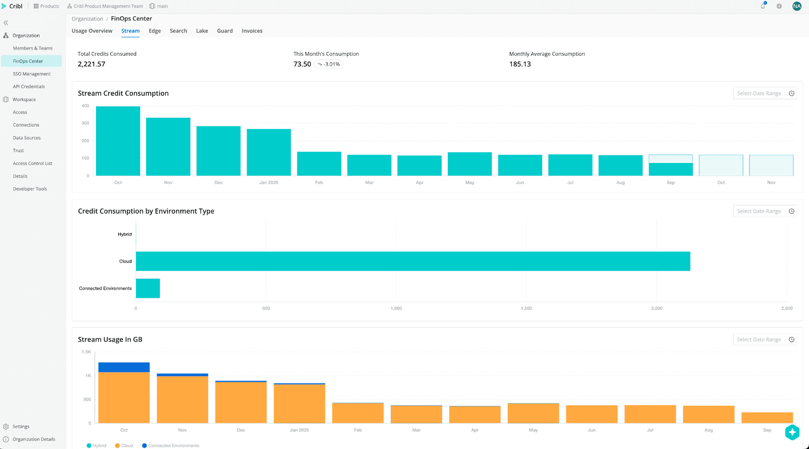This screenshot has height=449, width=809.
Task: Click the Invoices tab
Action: point(252,31)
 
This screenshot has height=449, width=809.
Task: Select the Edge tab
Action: point(155,31)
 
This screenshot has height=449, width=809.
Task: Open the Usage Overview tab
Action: point(92,31)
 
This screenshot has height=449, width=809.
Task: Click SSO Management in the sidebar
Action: point(32,74)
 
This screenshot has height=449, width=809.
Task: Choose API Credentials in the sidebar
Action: point(29,87)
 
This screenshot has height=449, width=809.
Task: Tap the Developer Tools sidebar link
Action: point(30,189)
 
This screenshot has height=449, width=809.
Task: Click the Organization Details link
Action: point(34,439)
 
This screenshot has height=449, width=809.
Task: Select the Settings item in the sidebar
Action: point(21,427)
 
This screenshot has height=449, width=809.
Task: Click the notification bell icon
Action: point(763,6)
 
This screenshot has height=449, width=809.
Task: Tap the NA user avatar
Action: point(797,6)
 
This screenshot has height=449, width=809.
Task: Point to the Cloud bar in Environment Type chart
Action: point(413,261)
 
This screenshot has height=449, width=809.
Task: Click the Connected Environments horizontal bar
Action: point(148,288)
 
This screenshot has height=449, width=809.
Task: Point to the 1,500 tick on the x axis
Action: point(526,308)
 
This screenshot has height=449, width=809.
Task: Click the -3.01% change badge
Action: point(329,64)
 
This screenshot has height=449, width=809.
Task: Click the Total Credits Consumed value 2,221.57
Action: point(92,64)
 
